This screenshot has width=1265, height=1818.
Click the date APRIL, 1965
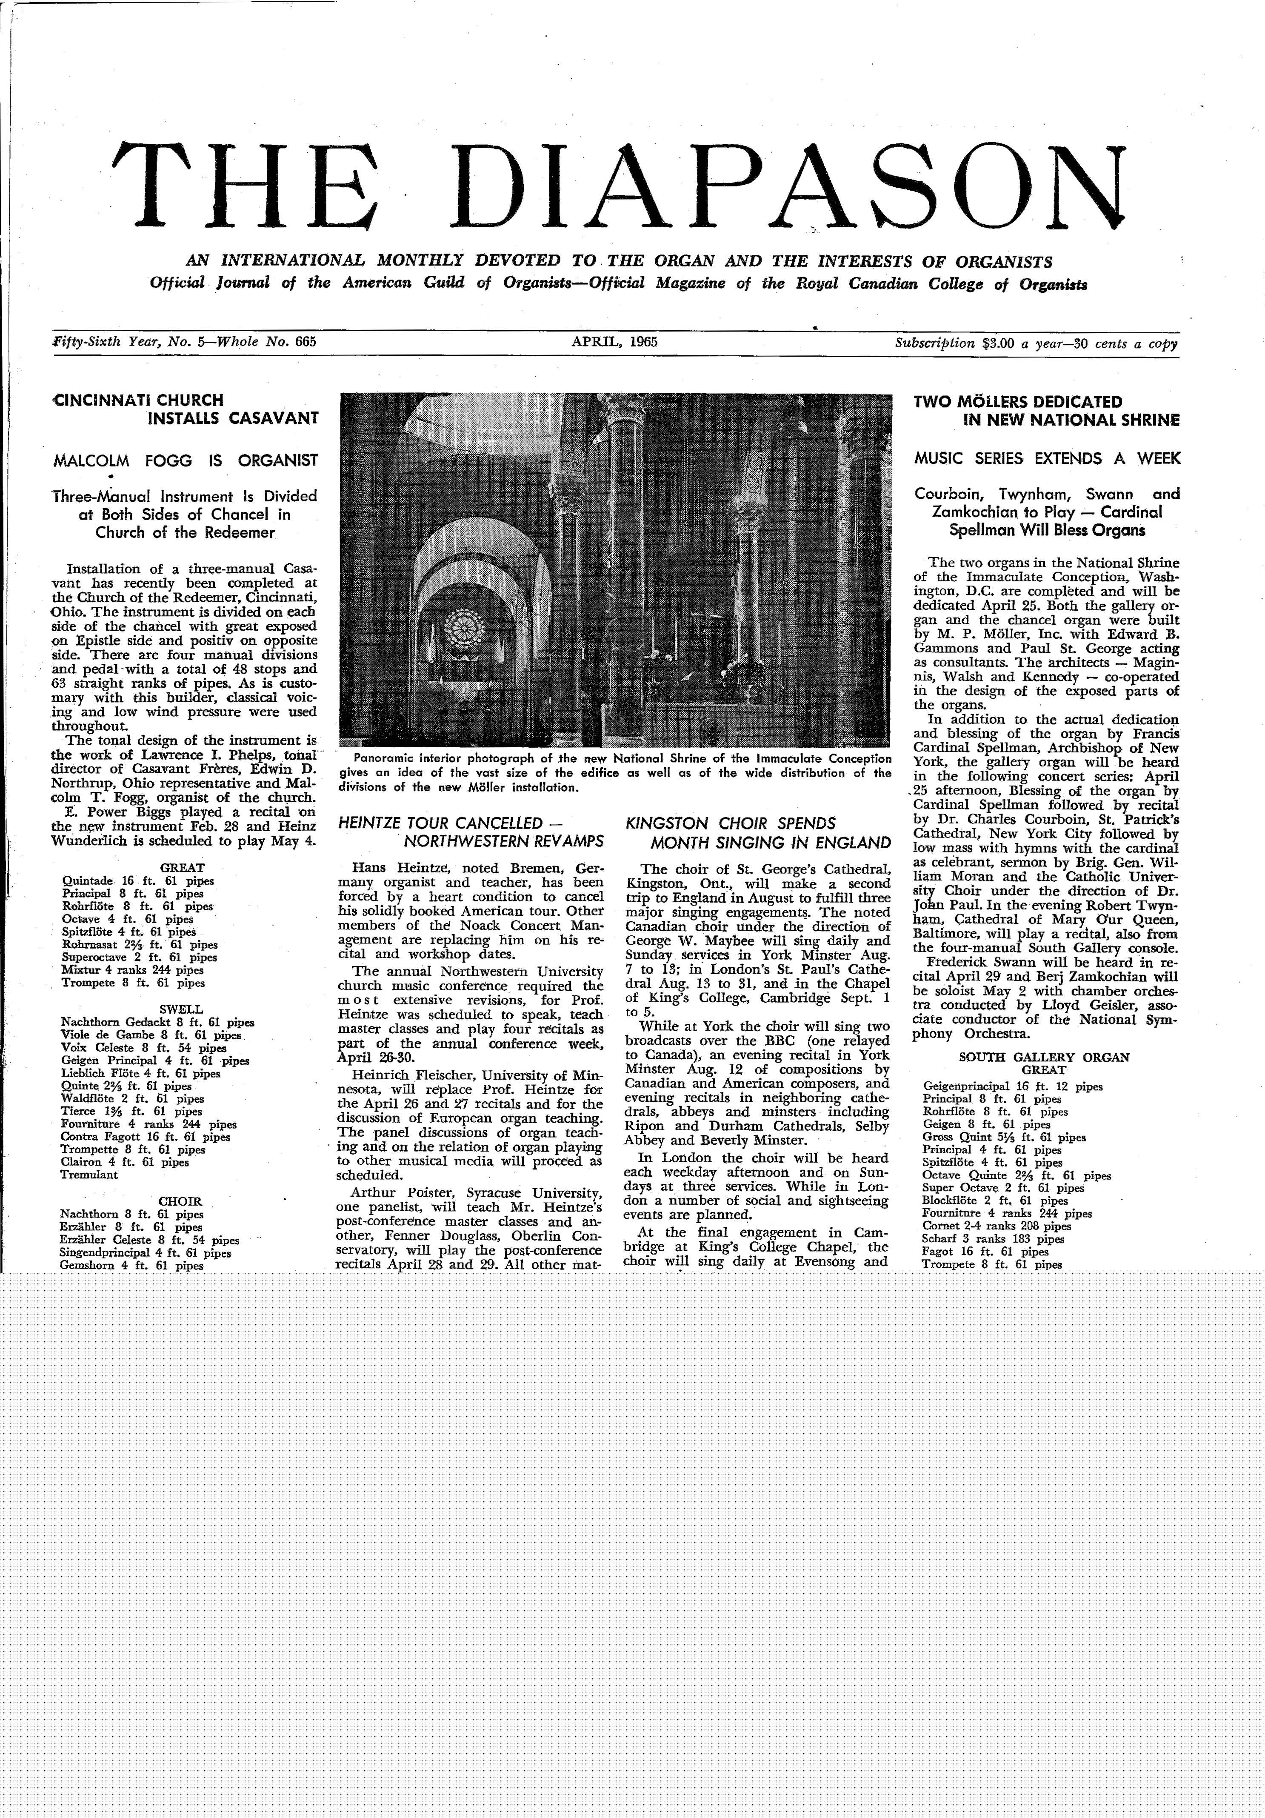615,342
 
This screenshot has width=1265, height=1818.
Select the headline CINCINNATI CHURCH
137,400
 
